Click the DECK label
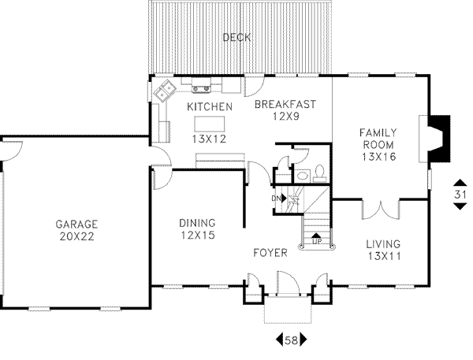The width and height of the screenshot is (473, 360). click(237, 37)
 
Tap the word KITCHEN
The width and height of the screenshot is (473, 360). click(209, 106)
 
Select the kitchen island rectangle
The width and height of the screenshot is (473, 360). click(210, 124)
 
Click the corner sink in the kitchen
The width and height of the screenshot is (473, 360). click(166, 92)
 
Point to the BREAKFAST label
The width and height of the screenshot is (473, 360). click(285, 104)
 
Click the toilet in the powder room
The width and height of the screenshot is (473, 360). click(320, 173)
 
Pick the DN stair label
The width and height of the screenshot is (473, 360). click(277, 198)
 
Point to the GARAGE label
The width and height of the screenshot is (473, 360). click(76, 223)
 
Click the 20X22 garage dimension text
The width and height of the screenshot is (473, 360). click(76, 236)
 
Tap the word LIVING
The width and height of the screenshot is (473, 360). click(383, 243)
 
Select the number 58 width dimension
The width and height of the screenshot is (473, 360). click(289, 340)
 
